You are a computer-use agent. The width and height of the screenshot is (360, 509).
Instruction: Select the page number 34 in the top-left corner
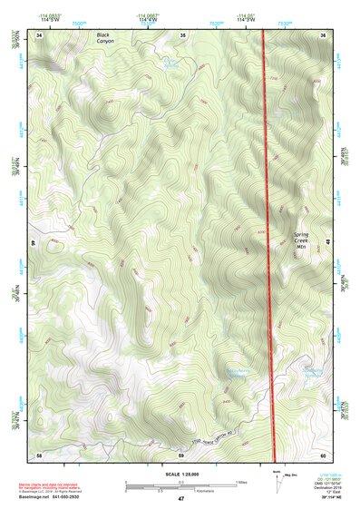click(x=40, y=34)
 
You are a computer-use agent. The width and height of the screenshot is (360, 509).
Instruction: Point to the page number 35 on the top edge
click(x=182, y=34)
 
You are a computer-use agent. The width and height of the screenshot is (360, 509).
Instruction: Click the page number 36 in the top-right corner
click(x=324, y=34)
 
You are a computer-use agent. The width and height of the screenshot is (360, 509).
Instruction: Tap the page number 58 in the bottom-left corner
click(x=39, y=453)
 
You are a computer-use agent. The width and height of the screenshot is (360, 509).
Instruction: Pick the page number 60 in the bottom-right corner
click(x=324, y=453)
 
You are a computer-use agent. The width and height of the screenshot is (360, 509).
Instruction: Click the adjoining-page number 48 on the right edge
click(x=326, y=243)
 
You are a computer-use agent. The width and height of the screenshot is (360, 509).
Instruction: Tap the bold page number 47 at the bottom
click(x=180, y=499)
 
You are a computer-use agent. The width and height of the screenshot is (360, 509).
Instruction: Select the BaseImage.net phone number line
click(x=55, y=496)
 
